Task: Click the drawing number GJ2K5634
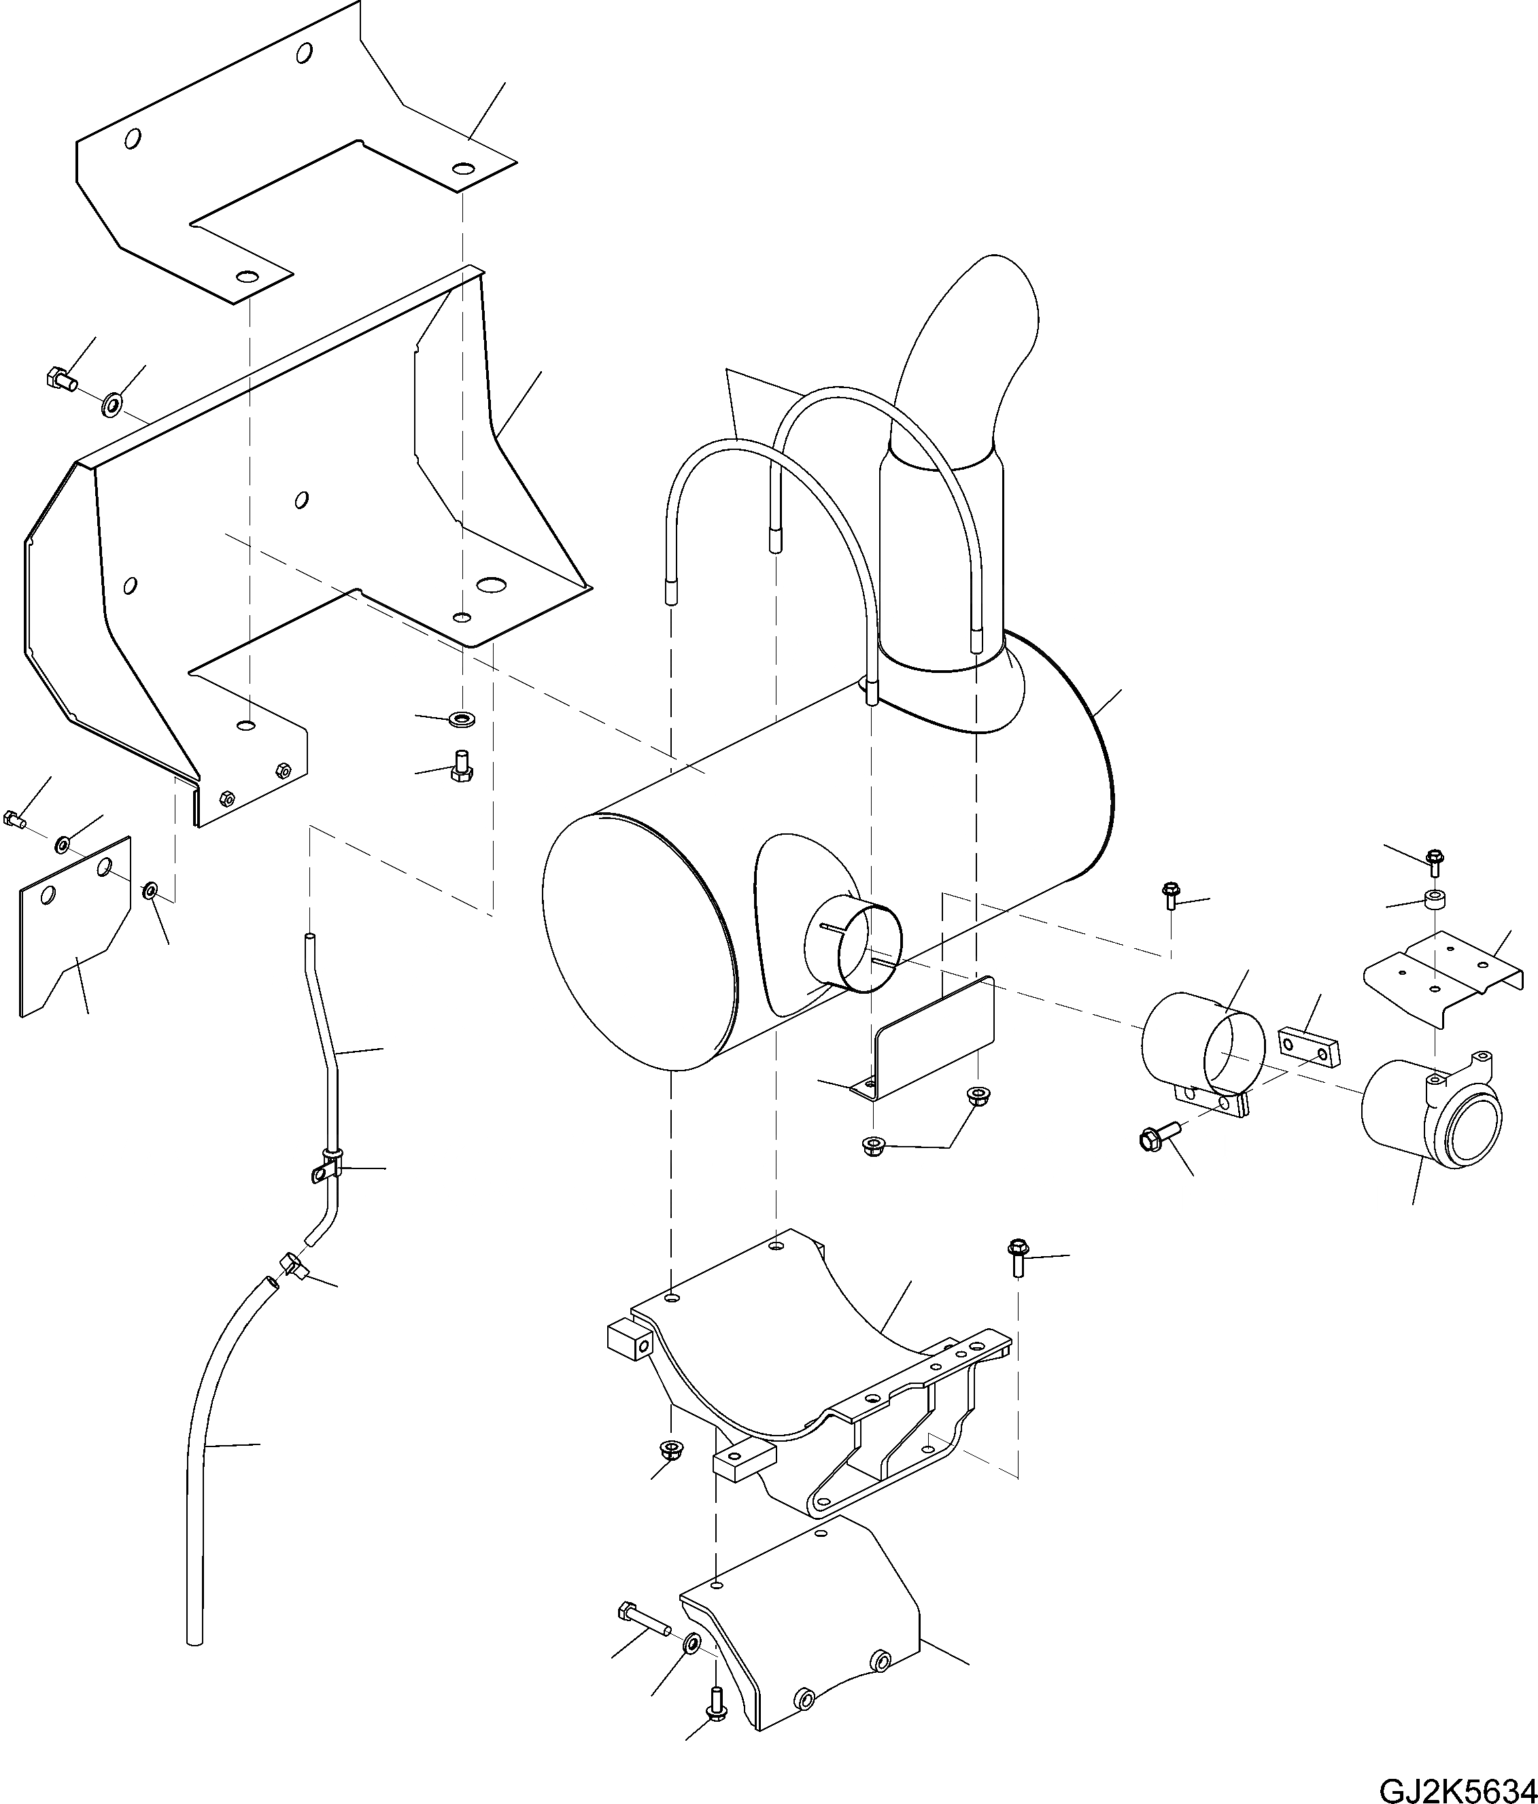click(x=1457, y=1786)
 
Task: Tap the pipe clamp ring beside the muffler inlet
click(x=1202, y=1054)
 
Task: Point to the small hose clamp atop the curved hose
click(x=290, y=1270)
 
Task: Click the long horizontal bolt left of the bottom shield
click(x=643, y=1618)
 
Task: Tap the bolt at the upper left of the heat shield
click(x=59, y=379)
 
